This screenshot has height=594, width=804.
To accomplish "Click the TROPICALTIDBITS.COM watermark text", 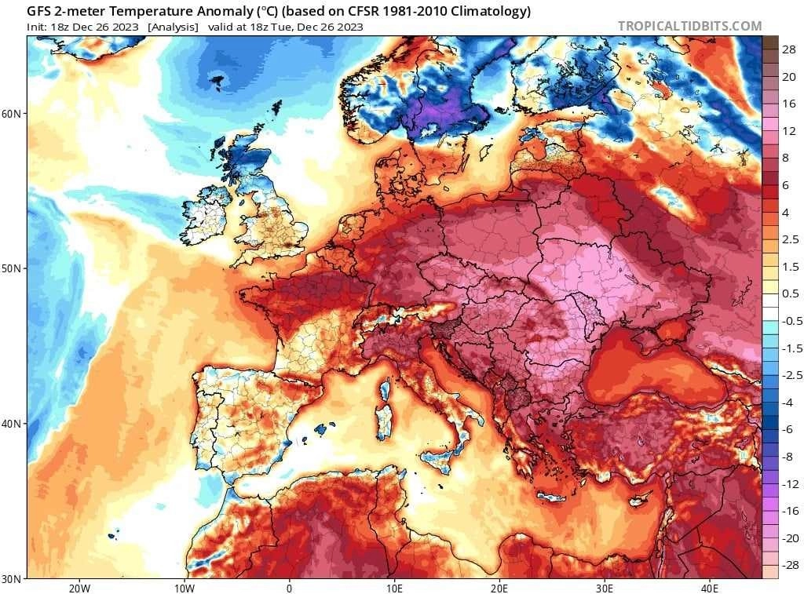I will (x=689, y=26).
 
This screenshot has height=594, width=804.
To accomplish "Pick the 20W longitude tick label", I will (x=79, y=588).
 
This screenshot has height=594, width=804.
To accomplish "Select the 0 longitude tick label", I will (x=289, y=588).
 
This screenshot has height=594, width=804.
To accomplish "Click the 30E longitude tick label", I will (x=605, y=588).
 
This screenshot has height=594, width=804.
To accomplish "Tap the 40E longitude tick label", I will (x=710, y=588).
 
